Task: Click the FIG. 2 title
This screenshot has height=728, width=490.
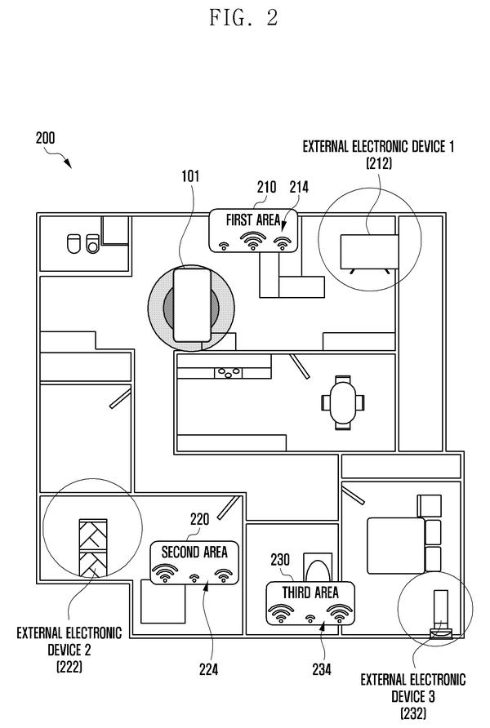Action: [244, 18]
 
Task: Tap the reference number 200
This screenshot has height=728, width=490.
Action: [46, 138]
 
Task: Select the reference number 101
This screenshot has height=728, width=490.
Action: [190, 176]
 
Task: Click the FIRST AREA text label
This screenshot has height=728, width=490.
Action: [253, 220]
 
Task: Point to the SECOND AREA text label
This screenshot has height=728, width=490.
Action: [194, 552]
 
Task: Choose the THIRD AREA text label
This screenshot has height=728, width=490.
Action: [310, 593]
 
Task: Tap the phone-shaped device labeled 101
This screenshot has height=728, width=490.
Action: [192, 305]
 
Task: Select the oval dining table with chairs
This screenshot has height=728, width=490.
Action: [343, 402]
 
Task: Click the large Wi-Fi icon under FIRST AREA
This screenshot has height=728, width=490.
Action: [253, 241]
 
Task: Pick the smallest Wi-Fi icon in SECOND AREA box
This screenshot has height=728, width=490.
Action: [194, 578]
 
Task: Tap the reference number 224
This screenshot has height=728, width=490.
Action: [208, 669]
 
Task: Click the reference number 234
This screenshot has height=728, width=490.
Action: [322, 669]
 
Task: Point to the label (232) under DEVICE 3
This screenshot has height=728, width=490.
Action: [413, 713]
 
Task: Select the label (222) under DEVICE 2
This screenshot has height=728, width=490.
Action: [69, 667]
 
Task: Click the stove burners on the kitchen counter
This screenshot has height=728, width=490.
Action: [229, 372]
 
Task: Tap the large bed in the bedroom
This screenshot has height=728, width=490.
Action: [396, 546]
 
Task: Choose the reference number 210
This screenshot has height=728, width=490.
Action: [266, 187]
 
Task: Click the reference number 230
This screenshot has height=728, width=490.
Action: [280, 559]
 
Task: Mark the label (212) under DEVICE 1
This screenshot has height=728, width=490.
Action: [379, 163]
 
